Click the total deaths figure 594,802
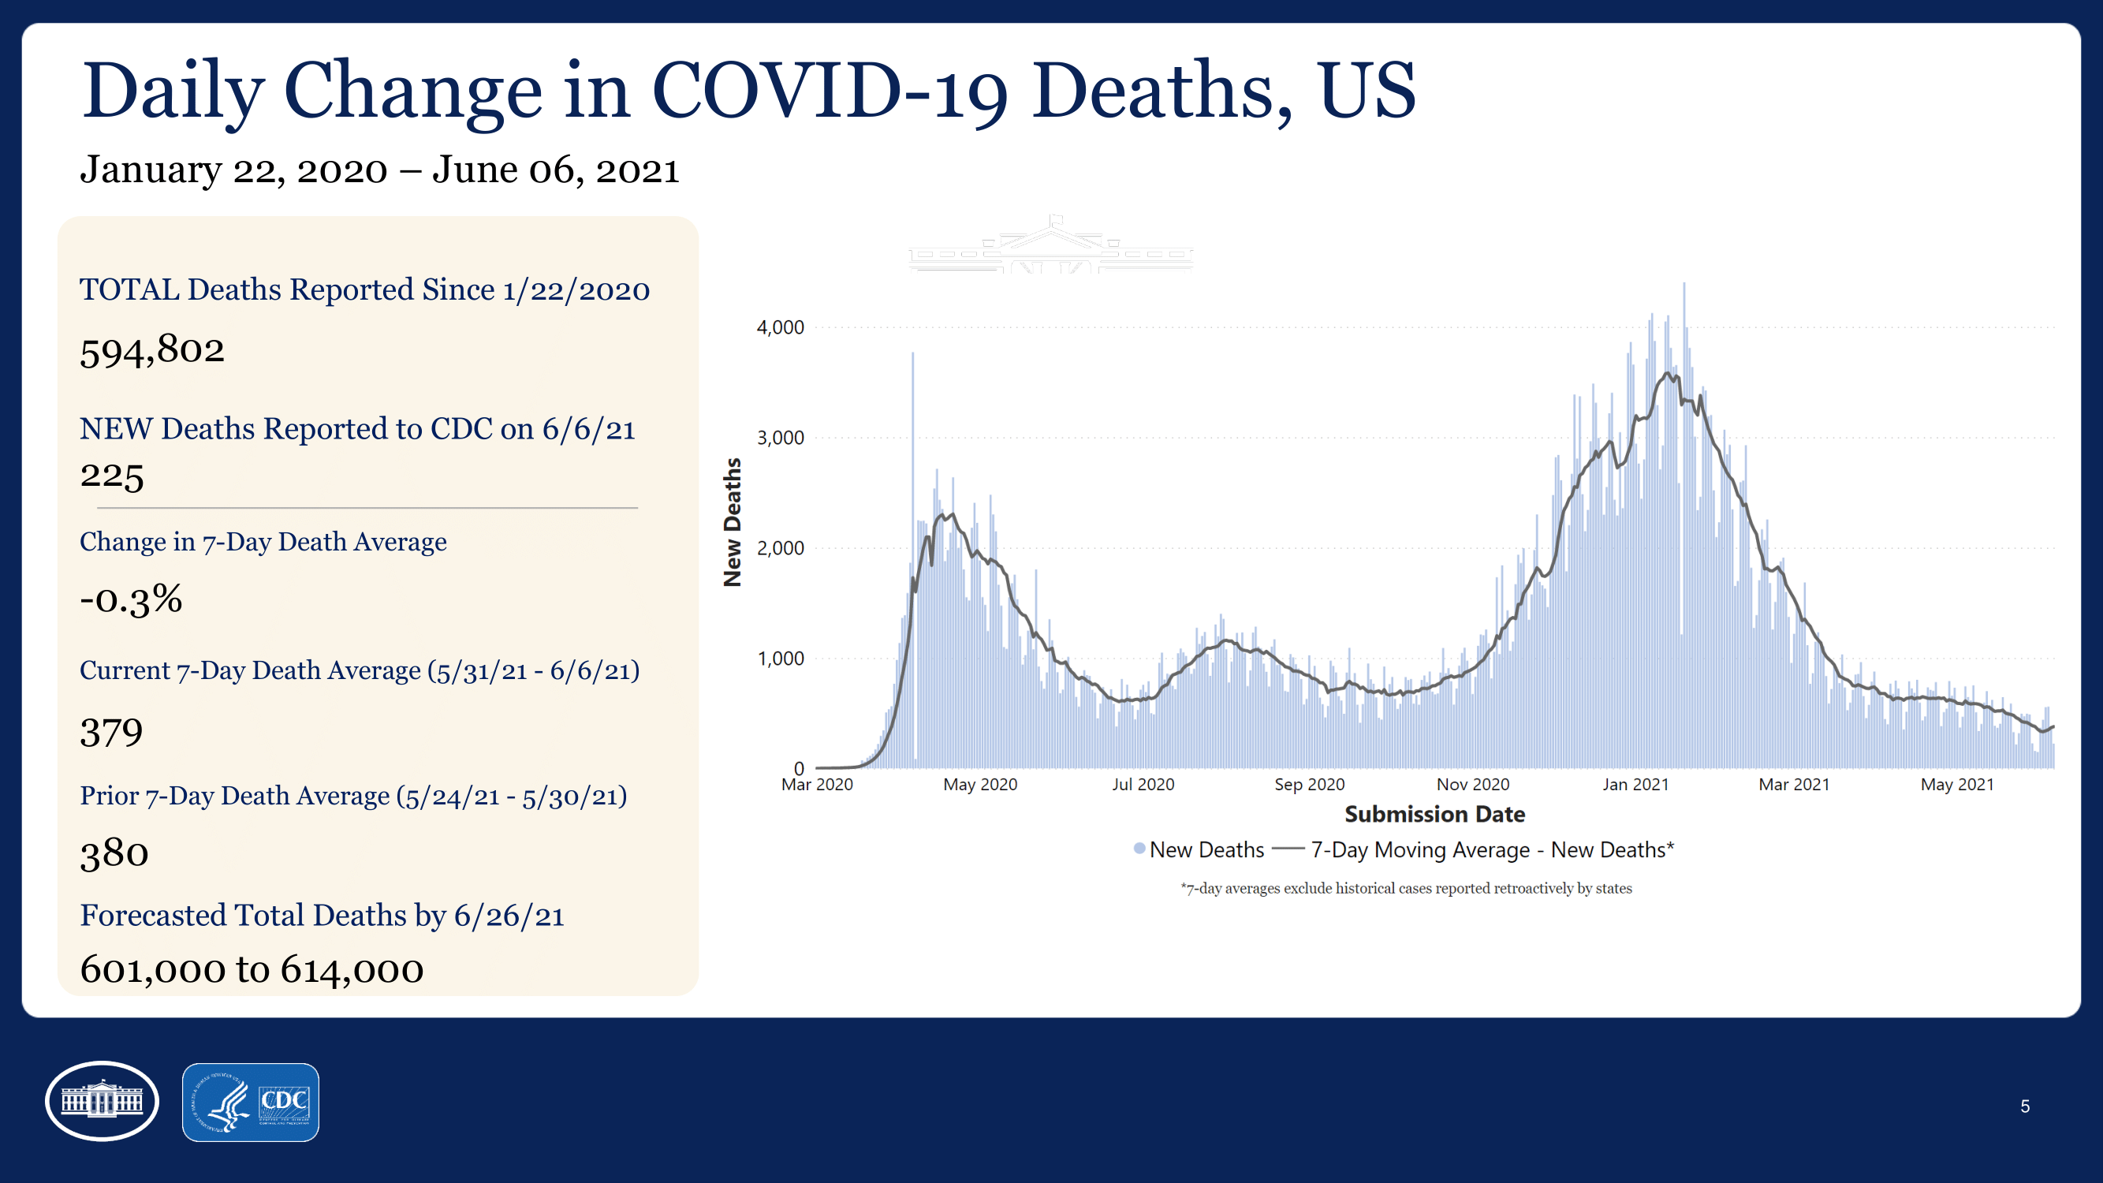(x=152, y=350)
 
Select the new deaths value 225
(x=112, y=475)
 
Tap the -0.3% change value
(x=131, y=599)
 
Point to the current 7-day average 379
(x=111, y=732)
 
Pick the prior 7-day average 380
(x=114, y=853)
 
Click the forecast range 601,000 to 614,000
(x=252, y=970)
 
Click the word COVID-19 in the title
(x=830, y=91)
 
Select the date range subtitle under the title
(x=379, y=170)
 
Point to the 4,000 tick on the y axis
(x=780, y=327)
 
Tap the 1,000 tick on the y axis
(x=780, y=658)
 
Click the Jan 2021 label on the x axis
(x=1635, y=785)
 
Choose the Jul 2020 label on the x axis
(x=1143, y=785)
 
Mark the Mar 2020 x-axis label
(x=816, y=785)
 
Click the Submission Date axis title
(x=1434, y=814)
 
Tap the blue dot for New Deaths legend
(x=1139, y=849)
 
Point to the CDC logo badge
(x=251, y=1103)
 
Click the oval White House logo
(x=102, y=1101)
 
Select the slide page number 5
(x=2025, y=1106)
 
